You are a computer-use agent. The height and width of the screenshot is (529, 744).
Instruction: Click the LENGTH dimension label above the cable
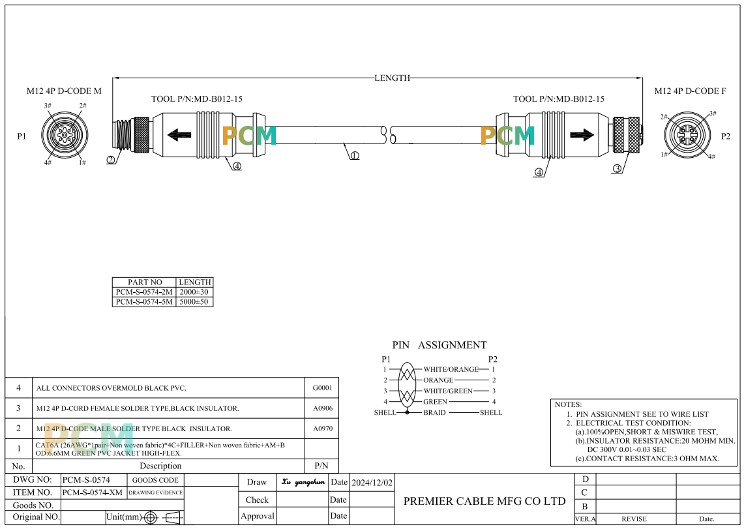coord(392,78)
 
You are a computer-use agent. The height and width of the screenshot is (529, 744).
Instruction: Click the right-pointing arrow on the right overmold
coord(581,136)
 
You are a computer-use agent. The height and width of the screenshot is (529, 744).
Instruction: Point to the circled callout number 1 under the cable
coord(355,156)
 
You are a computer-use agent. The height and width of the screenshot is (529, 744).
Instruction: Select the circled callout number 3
coord(617,169)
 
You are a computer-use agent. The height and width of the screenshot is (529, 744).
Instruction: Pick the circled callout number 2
coord(111,160)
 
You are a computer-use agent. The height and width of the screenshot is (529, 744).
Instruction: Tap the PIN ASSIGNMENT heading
coord(439,345)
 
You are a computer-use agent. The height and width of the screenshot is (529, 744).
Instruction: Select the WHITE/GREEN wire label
coord(448,391)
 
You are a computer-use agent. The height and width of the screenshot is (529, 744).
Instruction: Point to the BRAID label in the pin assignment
coord(435,412)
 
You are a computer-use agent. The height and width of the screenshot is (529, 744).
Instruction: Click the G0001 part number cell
coord(322,388)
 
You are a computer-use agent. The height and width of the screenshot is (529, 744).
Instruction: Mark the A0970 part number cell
coord(322,429)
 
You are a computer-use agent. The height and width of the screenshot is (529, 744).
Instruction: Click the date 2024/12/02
coord(372,483)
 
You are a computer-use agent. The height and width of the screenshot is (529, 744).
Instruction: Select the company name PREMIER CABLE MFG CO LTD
coord(484,501)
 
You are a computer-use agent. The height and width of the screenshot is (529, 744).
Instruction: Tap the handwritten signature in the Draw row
coord(303,482)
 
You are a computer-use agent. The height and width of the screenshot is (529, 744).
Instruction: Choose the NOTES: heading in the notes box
coord(568,404)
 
